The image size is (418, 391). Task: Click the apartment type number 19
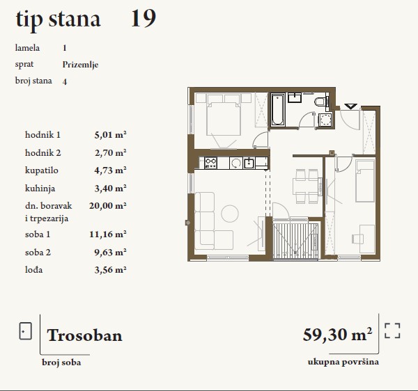click(x=144, y=18)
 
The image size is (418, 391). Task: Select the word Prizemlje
click(x=80, y=65)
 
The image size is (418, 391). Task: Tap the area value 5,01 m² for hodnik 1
click(x=110, y=135)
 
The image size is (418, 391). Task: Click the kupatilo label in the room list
click(x=42, y=170)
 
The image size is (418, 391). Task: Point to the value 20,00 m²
click(x=108, y=206)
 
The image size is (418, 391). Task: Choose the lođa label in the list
click(x=34, y=270)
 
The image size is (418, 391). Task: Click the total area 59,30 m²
click(x=337, y=335)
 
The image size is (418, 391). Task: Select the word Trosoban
click(x=84, y=335)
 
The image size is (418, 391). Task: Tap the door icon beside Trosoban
click(x=25, y=331)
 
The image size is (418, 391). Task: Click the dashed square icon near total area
click(x=392, y=331)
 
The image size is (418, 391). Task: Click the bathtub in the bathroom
click(x=278, y=110)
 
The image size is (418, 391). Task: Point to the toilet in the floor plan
click(x=320, y=102)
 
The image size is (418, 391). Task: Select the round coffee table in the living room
click(x=230, y=214)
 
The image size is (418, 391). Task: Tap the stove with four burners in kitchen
click(x=210, y=163)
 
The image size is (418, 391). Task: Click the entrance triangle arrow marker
click(x=350, y=106)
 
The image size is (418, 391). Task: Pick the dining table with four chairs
click(x=306, y=186)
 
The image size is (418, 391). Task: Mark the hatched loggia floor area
click(x=295, y=240)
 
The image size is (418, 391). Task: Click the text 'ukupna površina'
click(x=343, y=362)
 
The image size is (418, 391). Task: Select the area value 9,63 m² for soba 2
click(x=110, y=252)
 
